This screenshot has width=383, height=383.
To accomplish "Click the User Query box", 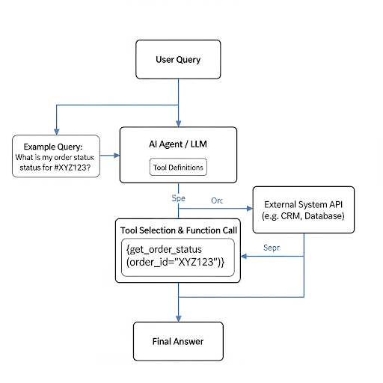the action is click(178, 59).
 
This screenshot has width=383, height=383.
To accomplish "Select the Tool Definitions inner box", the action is click(178, 167).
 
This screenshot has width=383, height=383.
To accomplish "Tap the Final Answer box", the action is click(178, 341).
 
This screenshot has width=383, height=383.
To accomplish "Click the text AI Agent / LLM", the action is click(178, 144).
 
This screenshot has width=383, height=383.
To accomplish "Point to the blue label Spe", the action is click(178, 198).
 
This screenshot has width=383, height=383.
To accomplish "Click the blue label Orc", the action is click(217, 200).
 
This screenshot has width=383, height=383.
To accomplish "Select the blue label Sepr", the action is click(272, 248).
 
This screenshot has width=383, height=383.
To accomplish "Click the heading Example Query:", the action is click(53, 147).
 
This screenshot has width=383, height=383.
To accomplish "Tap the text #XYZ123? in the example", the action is click(73, 168).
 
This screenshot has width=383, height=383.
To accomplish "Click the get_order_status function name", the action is click(166, 249).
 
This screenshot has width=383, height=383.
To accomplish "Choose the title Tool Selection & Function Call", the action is click(179, 230).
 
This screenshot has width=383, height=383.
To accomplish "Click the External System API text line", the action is click(304, 204).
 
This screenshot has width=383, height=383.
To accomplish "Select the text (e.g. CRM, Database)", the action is click(303, 216).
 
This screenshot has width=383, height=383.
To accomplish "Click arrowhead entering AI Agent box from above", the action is click(178, 123).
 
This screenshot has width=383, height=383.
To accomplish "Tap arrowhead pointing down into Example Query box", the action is click(57, 132).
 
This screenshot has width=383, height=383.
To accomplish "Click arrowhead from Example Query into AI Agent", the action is click(117, 156).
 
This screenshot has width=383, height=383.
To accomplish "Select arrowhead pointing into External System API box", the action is click(250, 209).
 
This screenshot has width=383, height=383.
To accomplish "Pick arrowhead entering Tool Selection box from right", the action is click(244, 256).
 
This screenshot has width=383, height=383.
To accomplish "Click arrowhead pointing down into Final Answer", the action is click(178, 319).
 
